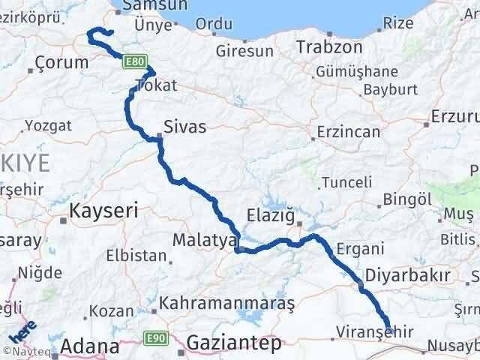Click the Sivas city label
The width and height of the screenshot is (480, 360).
[184, 125]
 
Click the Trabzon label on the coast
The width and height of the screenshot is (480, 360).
[329, 47]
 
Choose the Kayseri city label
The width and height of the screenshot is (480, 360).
[103, 211]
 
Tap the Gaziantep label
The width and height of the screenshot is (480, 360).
[234, 343]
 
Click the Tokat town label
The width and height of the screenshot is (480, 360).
[156, 85]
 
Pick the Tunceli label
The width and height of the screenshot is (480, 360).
[347, 182]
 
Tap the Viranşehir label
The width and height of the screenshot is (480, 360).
[363, 330]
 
